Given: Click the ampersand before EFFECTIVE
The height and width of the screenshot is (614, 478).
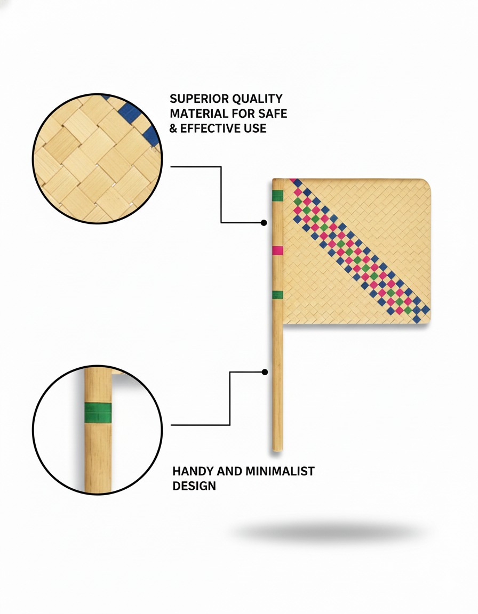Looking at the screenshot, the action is (173, 128).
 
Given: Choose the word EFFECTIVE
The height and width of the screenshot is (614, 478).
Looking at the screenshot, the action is (210, 128).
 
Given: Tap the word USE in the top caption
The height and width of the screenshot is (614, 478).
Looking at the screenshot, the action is (255, 128).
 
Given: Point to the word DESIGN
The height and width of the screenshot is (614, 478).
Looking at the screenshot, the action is (194, 486).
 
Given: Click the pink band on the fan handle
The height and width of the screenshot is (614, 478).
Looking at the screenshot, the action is (278, 251).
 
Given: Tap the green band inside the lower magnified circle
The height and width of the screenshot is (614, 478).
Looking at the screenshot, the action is (98, 413).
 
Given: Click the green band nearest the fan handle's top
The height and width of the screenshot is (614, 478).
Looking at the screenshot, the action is (278, 196).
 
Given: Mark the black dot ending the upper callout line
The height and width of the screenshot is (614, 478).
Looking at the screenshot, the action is (264, 223).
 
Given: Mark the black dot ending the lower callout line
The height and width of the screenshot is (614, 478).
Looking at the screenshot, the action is (265, 372).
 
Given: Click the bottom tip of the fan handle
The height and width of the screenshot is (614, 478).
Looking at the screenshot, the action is (277, 451).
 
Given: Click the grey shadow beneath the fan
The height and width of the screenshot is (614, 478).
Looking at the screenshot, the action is (329, 532).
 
